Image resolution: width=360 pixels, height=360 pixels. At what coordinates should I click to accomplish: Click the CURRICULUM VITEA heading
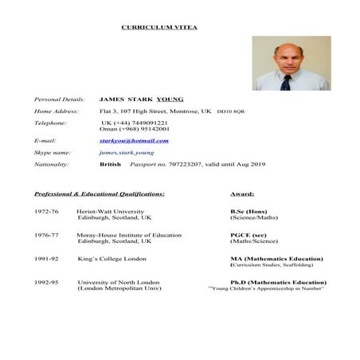click(x=159, y=27)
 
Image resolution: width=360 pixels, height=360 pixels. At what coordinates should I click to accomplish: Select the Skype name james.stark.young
click(x=127, y=152)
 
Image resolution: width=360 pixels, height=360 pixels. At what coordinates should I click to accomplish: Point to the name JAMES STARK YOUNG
click(x=141, y=100)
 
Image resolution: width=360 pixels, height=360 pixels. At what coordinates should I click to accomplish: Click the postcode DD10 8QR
click(x=231, y=112)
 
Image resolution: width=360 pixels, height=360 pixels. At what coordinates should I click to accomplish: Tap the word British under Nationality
click(x=110, y=164)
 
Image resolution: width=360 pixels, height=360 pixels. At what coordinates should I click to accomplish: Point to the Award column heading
click(x=242, y=194)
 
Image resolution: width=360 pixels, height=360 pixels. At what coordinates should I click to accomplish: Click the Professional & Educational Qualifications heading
click(x=100, y=194)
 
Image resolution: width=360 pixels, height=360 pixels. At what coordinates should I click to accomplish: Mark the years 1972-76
click(x=46, y=211)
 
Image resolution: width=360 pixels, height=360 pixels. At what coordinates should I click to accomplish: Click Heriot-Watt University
click(x=111, y=211)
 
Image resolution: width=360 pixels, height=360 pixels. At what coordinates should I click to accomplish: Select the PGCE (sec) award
click(x=248, y=235)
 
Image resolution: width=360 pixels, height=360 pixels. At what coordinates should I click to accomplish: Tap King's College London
click(x=112, y=259)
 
